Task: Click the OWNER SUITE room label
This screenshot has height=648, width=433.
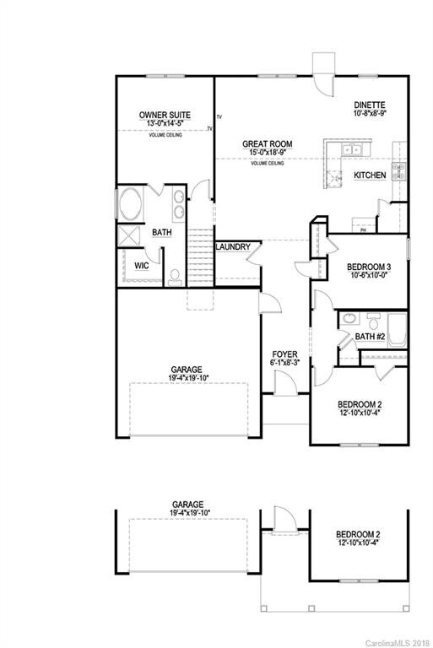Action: (165, 115)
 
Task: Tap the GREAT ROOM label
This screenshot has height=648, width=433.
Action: (268, 144)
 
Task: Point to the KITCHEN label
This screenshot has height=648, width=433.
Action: (370, 175)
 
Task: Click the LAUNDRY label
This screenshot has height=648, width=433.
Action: (232, 247)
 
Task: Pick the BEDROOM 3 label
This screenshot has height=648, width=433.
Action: (369, 267)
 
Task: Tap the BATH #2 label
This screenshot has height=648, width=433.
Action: (371, 337)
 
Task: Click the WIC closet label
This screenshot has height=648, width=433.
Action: (141, 265)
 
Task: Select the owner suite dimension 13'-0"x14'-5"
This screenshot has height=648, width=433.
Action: (165, 124)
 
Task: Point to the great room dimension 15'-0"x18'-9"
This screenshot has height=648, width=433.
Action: (268, 154)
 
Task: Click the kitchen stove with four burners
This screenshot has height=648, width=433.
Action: (399, 173)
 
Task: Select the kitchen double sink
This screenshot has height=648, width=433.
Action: (350, 151)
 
